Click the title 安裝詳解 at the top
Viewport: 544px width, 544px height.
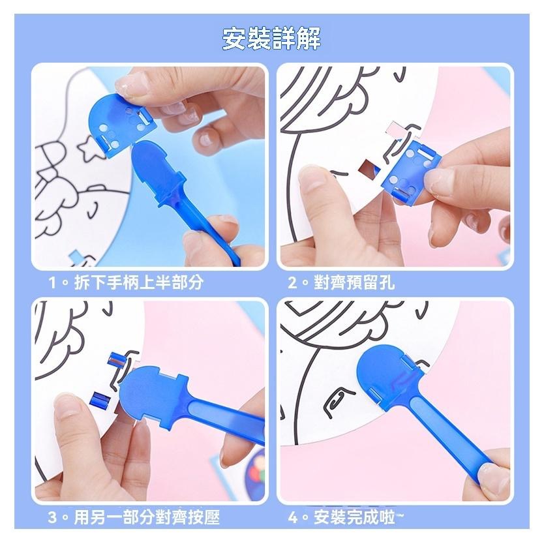271,39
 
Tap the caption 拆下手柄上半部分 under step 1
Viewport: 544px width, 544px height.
139,282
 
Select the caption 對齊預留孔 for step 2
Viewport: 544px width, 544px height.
354,282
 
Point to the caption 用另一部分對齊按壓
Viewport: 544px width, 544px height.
147,518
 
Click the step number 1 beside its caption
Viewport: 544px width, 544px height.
52,282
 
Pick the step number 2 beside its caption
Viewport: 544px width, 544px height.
292,282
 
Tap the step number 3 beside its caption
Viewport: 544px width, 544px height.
52,518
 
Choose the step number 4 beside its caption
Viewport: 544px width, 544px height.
293,518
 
